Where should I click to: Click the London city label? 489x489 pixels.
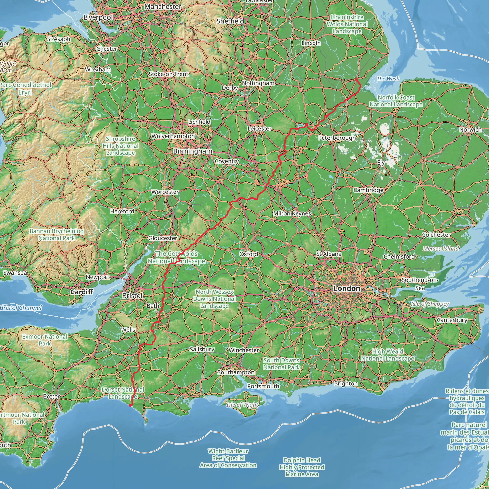tap(347, 288)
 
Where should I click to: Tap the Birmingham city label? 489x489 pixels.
tap(193, 151)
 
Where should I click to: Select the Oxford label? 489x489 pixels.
tap(249, 254)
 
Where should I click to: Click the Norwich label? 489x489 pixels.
tap(470, 130)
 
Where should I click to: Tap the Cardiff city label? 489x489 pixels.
tap(82, 292)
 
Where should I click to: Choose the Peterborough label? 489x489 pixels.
tap(337, 138)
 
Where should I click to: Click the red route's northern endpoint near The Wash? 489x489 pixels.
tap(356, 79)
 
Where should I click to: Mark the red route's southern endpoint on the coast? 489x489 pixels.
tap(130, 405)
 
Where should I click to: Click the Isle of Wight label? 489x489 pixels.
tap(242, 405)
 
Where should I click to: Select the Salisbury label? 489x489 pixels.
tap(202, 349)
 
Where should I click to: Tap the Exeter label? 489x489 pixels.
tap(52, 396)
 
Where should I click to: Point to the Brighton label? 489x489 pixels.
tap(346, 383)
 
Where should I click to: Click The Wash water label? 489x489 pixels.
tap(388, 79)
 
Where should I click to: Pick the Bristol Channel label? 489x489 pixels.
tap(21, 308)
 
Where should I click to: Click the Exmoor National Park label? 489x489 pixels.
tap(45, 340)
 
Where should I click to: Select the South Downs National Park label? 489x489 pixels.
tap(282, 364)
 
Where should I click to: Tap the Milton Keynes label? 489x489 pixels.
tap(292, 213)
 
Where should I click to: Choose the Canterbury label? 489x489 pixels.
tap(452, 320)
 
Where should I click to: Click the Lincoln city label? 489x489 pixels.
tap(311, 43)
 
